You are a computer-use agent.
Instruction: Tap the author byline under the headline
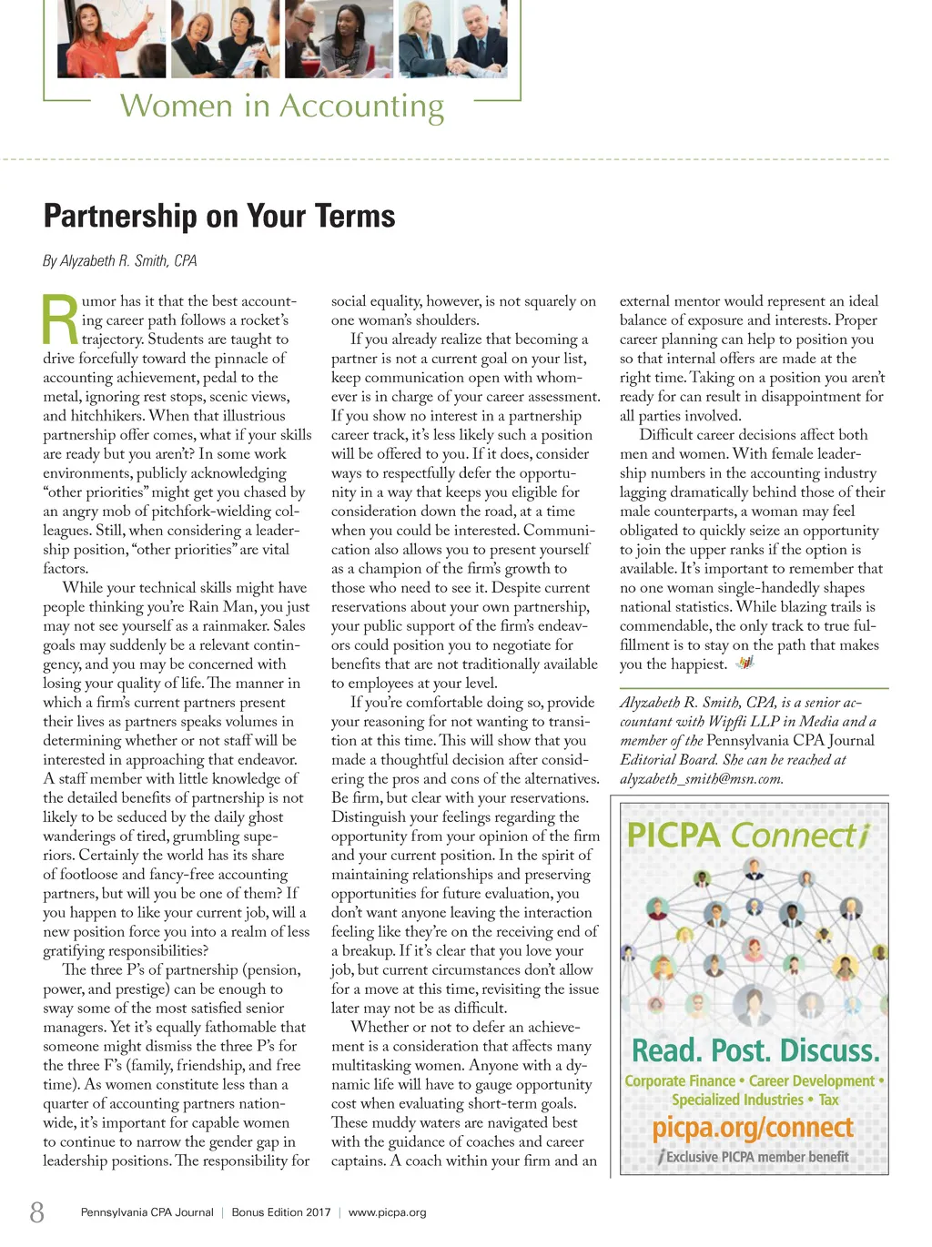click(119, 261)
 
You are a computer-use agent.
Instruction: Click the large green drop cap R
click(60, 320)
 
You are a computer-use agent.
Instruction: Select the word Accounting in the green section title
click(361, 106)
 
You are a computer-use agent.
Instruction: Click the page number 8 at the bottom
click(36, 1212)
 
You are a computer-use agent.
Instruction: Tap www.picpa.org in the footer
click(387, 1212)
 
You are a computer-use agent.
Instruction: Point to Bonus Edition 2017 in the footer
click(281, 1212)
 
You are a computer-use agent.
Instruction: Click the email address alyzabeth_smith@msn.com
click(701, 779)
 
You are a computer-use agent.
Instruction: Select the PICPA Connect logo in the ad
click(748, 835)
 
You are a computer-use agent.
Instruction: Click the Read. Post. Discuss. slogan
click(755, 1051)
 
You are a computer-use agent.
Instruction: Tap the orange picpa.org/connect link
click(753, 1128)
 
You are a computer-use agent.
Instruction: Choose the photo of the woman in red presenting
click(111, 38)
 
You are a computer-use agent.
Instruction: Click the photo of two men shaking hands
click(470, 38)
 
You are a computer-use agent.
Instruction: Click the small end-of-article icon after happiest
click(745, 663)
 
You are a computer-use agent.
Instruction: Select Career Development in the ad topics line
click(811, 1081)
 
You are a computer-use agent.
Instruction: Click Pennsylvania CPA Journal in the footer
click(147, 1212)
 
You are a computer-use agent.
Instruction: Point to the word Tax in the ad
click(828, 1100)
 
